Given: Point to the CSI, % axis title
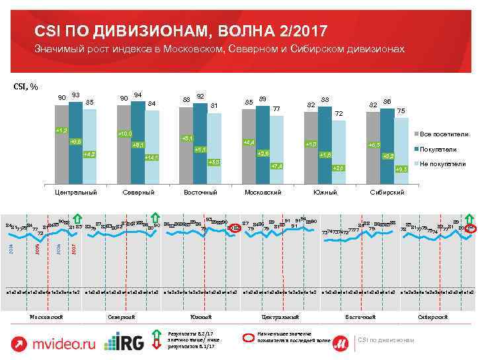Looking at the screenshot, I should (26, 86).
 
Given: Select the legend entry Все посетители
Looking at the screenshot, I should (444, 134).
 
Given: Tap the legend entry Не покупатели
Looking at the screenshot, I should (443, 163).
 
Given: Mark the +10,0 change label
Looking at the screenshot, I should (124, 134).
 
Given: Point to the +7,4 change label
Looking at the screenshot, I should (278, 165).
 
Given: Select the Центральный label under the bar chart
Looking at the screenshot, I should (76, 192).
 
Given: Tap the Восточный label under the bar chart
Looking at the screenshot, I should (200, 192).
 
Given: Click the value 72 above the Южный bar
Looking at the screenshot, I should (339, 114).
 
